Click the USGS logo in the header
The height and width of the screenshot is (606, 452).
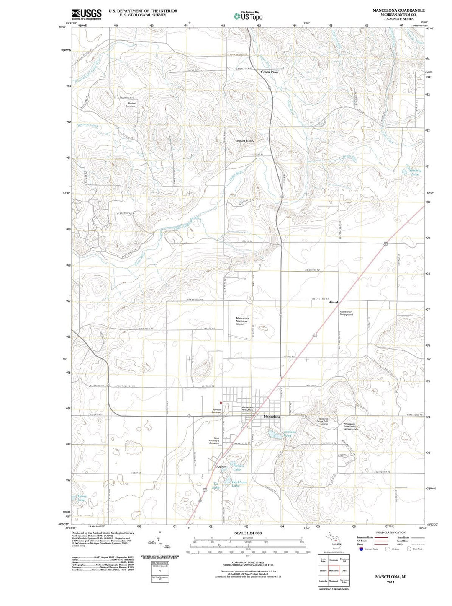87,14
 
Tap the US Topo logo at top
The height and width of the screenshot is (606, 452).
249,16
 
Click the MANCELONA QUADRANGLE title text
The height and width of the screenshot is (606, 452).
398,10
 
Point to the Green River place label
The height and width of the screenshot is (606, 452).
270,72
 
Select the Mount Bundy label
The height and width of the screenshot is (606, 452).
245,141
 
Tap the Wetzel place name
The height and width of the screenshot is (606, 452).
333,302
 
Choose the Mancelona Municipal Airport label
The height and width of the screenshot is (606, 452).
242,321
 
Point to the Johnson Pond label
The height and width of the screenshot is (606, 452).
290,433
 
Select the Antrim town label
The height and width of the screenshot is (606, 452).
221,467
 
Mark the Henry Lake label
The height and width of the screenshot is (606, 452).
82,498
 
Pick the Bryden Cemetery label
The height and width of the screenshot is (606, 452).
131,105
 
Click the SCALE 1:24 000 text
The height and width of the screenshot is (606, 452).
248,533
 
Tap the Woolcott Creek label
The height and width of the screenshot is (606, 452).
87,125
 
